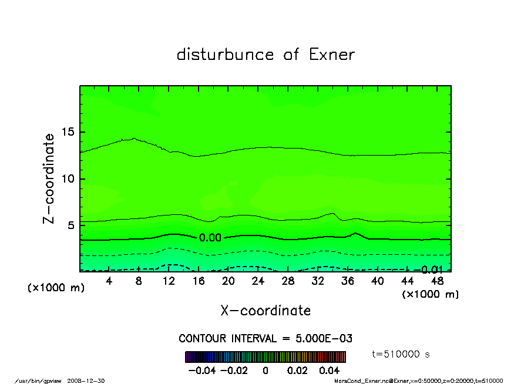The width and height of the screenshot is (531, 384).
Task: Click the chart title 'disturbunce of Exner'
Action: [265, 55]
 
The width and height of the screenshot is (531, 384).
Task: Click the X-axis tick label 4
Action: [109, 281]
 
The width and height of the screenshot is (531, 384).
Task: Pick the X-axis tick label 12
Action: [169, 281]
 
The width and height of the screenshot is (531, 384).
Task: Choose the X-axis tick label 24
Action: [258, 281]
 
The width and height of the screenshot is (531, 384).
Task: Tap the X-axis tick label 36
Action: [347, 281]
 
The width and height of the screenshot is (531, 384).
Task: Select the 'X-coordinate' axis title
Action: [265, 311]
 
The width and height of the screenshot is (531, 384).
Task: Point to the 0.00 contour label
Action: [210, 238]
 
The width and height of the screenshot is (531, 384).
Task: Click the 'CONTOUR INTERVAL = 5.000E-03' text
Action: [265, 339]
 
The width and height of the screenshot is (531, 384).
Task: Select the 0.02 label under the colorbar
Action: [298, 370]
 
